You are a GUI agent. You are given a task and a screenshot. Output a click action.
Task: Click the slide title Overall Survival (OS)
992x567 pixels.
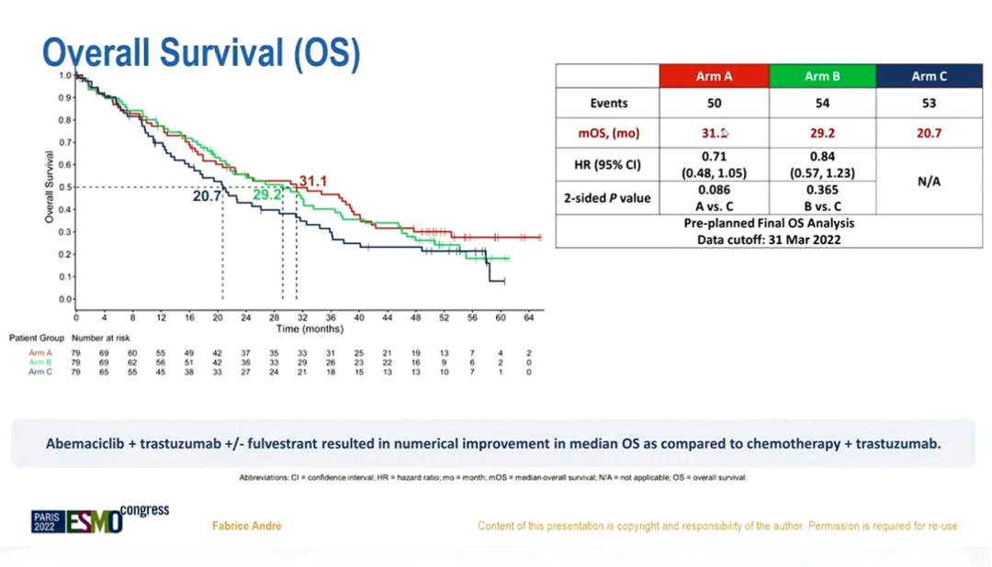coord(201,52)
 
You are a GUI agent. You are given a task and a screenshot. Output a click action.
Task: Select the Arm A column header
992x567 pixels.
coord(714,76)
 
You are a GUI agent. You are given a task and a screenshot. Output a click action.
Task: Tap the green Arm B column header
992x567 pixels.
coord(822,76)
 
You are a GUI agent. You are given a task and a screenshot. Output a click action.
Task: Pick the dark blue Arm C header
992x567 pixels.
coord(929,76)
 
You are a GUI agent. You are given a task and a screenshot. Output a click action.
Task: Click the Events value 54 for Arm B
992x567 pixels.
coord(822,104)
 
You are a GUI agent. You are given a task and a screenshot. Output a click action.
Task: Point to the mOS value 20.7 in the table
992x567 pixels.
coord(929,133)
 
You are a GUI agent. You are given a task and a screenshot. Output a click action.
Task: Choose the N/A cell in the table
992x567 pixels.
coord(929,182)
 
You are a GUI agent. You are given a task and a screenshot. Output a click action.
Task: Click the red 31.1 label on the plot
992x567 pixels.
coord(313,181)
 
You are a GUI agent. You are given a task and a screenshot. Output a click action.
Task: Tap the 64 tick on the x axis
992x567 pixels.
coord(529,317)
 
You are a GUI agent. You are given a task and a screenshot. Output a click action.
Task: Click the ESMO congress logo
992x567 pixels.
coord(99,519)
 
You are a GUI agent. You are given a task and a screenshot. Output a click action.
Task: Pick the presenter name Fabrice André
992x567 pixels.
coord(247,526)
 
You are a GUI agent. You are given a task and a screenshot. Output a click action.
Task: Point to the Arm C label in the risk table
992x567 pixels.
coord(40,372)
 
